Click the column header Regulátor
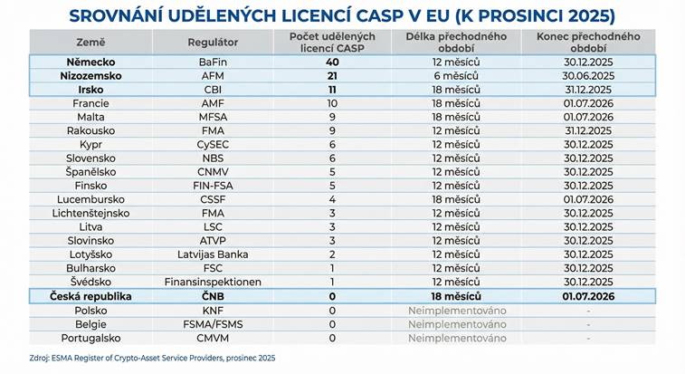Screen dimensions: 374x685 click(213, 42)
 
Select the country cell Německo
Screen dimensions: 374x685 click(90, 62)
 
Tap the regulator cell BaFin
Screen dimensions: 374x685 click(213, 62)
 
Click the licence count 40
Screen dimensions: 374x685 click(332, 62)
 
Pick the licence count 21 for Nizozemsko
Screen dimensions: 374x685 click(332, 76)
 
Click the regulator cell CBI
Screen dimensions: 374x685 click(213, 90)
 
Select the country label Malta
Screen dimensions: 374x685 click(90, 117)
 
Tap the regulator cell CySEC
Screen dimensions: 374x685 click(213, 144)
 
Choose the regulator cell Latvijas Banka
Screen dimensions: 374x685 click(213, 254)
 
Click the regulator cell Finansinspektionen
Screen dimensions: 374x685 click(213, 282)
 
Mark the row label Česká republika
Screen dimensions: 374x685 click(90, 296)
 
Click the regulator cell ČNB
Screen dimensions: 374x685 click(213, 296)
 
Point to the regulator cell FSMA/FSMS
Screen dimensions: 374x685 click(213, 323)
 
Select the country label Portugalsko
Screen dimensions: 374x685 click(90, 338)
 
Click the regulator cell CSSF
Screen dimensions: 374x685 click(213, 199)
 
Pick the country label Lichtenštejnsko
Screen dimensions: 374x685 click(90, 213)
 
